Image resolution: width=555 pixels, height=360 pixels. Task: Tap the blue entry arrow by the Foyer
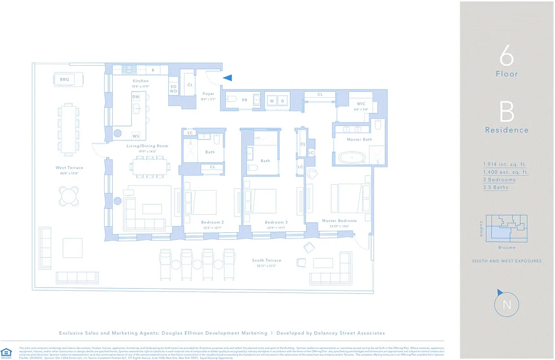pos(228,78)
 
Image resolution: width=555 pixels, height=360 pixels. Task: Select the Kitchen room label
pos(140,81)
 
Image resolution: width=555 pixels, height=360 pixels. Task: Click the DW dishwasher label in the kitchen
pos(136,97)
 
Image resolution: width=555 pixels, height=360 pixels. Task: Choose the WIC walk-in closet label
pos(361,104)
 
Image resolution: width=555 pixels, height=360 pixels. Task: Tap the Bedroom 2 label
pos(212,222)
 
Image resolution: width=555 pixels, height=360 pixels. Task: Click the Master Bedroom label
pos(339,221)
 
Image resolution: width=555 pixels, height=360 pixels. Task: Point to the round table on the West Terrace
pos(68,196)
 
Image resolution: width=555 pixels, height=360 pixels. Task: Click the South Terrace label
pos(266,261)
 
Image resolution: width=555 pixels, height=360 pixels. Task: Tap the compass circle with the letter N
pos(507,305)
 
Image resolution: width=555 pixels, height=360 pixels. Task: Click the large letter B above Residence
pos(506,112)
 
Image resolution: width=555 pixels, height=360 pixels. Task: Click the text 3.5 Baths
pos(496,187)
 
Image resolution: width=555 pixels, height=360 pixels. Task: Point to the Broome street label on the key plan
pos(507,247)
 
